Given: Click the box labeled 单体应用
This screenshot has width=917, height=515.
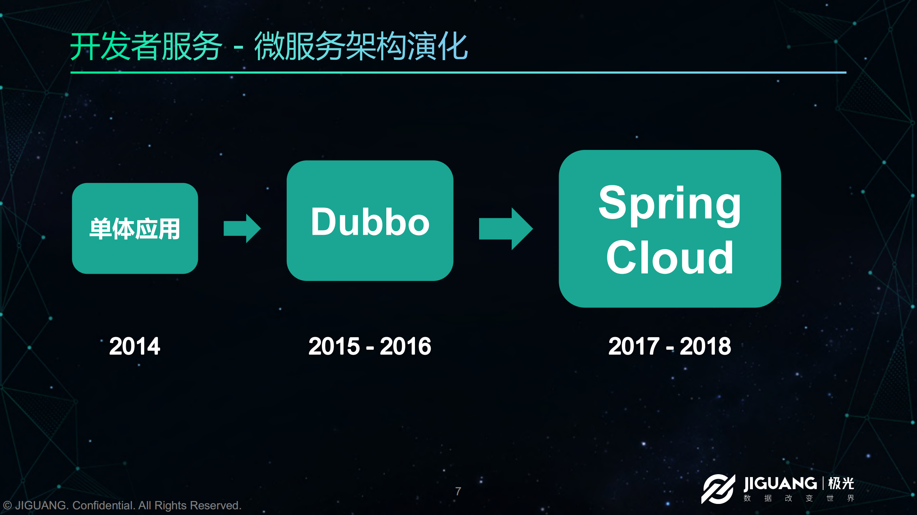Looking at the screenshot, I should tap(135, 228).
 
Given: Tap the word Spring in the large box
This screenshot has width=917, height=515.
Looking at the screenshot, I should tap(669, 204).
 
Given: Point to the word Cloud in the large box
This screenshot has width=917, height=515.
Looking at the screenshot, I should tap(669, 258).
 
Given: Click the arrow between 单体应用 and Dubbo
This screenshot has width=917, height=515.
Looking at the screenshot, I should tap(242, 228).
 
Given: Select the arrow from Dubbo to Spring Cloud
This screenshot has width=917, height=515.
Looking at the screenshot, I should tap(506, 229).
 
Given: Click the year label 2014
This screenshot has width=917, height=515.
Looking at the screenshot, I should tap(134, 346).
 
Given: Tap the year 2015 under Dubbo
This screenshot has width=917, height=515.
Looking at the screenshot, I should tap(334, 346).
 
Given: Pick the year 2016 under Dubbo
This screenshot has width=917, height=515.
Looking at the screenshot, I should tap(405, 346).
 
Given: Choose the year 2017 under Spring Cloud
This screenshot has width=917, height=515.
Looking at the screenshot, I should tap(634, 346).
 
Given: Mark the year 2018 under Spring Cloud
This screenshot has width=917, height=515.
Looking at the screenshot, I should tap(705, 346).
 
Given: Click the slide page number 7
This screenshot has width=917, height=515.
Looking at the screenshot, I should tap(458, 491).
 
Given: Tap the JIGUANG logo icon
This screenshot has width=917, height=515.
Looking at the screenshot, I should tap(718, 489).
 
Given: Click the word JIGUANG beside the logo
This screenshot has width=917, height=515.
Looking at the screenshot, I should tap(780, 484).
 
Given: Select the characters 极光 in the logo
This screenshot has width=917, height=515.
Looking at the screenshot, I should tap(841, 484).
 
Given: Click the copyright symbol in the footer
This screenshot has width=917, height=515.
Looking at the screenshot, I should tap(7, 505).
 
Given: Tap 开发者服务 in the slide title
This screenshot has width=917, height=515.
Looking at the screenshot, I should tap(146, 47).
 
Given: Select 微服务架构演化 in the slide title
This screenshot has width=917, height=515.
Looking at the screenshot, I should tap(361, 47).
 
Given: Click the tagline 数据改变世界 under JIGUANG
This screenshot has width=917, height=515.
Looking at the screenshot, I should tap(799, 498).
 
